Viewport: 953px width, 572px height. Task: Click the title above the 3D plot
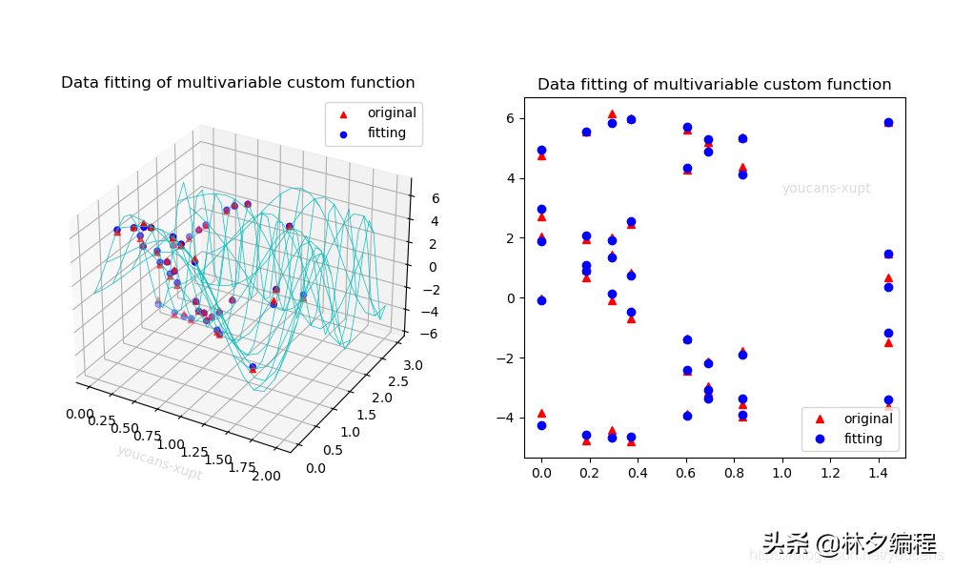[237, 83]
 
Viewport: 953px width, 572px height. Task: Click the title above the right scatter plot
[714, 85]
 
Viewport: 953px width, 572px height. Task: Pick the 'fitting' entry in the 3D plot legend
[386, 133]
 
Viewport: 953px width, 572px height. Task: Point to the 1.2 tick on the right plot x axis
[830, 471]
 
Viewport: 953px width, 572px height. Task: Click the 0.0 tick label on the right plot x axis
[541, 471]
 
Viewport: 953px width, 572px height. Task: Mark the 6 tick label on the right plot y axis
[509, 118]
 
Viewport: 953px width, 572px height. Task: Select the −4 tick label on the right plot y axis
[505, 418]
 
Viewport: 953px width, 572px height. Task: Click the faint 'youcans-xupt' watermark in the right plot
[826, 189]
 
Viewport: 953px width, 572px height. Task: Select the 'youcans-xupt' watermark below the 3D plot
[160, 462]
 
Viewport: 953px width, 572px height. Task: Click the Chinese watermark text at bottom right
[849, 544]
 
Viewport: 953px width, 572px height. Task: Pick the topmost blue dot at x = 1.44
[888, 122]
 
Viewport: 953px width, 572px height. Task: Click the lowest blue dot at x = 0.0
[541, 425]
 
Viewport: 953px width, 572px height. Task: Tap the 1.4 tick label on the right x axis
[879, 471]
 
